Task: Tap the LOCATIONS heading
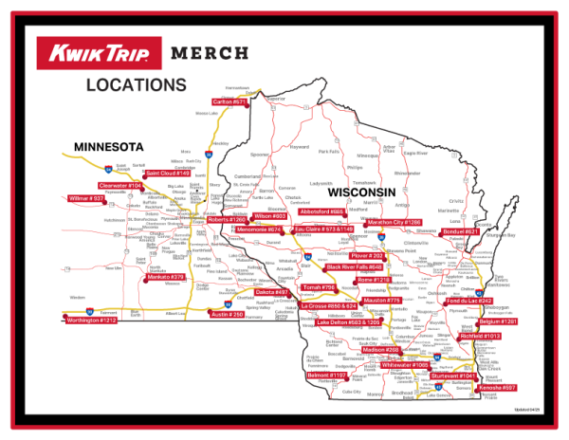136,85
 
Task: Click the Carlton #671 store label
229,101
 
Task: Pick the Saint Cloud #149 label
167,174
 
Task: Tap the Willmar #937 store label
85,199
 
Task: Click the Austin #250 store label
227,314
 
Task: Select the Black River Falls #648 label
354,268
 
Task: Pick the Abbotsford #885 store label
322,211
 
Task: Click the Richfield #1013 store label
479,337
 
